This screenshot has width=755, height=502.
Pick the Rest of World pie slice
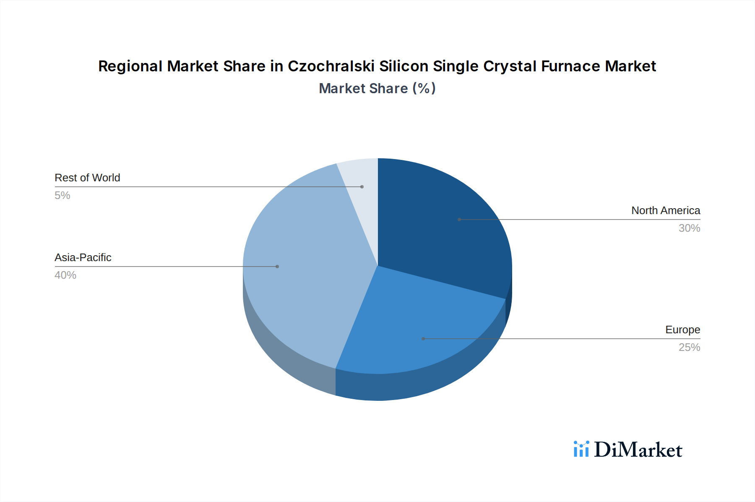tap(361, 176)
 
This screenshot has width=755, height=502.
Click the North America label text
tap(666, 211)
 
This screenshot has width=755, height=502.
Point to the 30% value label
tap(689, 228)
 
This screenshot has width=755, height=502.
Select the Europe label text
tap(682, 330)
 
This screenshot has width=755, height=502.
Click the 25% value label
tap(689, 348)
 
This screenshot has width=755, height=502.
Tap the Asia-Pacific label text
tap(83, 258)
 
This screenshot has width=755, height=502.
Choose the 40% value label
tap(65, 275)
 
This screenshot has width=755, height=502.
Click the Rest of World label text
tap(87, 178)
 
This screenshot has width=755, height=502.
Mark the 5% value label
tap(62, 196)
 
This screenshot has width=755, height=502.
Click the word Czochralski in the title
tap(331, 66)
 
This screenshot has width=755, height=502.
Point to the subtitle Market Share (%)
tap(377, 89)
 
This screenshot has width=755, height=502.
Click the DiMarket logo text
tap(638, 450)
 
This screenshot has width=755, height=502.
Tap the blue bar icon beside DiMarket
tap(581, 449)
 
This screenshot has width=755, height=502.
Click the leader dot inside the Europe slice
tap(423, 339)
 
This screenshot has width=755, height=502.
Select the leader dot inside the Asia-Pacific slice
tap(277, 267)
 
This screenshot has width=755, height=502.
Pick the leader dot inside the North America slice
tap(459, 220)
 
